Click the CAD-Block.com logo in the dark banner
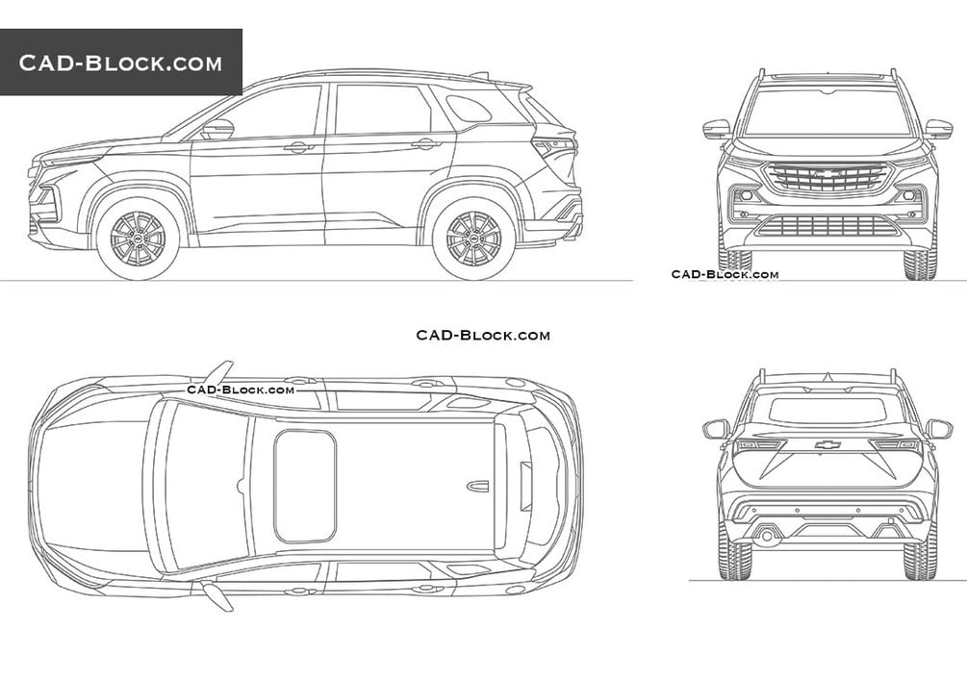tap(120, 63)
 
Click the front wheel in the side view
tap(138, 239)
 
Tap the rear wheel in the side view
tap(473, 239)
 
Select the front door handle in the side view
tap(298, 147)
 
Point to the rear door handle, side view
tap(425, 144)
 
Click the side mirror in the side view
tap(217, 129)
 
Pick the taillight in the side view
tap(556, 147)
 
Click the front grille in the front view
tap(827, 177)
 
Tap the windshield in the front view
tap(827, 112)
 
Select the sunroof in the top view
tap(305, 486)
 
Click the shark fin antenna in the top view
tap(477, 487)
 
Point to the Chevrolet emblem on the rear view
tap(827, 444)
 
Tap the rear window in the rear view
tap(827, 410)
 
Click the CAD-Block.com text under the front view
tap(725, 274)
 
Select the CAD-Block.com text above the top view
tap(483, 335)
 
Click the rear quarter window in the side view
tap(470, 108)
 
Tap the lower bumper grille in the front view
tap(827, 226)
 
